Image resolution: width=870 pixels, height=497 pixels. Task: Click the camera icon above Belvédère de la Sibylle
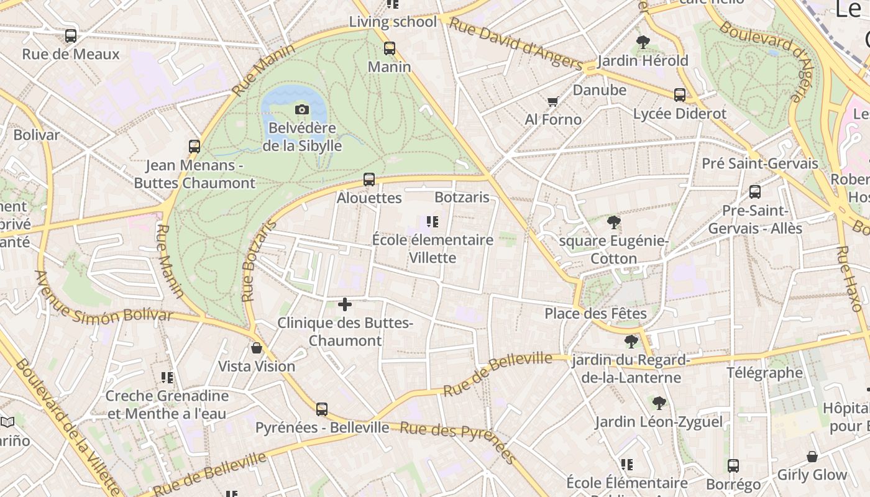tap(302, 110)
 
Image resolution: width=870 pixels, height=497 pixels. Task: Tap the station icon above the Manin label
tap(390, 48)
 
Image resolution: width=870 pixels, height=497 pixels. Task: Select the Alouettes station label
tap(369, 198)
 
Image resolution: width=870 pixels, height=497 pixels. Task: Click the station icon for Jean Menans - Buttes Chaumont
tap(195, 147)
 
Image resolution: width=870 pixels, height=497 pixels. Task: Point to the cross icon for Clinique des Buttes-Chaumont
tap(345, 304)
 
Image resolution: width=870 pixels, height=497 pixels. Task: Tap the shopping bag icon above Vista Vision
tap(256, 348)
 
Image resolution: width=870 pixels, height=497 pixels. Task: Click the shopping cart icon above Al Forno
tap(552, 101)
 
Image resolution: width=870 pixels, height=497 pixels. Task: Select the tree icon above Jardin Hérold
tap(643, 42)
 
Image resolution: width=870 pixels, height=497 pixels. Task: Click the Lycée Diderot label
tap(679, 114)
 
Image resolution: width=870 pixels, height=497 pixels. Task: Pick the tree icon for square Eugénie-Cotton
tap(614, 222)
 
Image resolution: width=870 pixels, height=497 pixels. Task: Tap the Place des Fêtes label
tap(595, 314)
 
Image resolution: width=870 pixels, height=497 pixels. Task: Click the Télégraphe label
tap(765, 373)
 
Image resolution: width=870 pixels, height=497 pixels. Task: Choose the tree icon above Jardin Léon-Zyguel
tap(659, 403)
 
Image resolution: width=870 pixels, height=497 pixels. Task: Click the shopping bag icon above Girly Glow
tap(812, 457)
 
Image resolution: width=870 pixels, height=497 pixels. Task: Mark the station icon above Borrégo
tap(733, 465)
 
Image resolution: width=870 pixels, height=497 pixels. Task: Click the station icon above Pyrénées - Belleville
tap(322, 409)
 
